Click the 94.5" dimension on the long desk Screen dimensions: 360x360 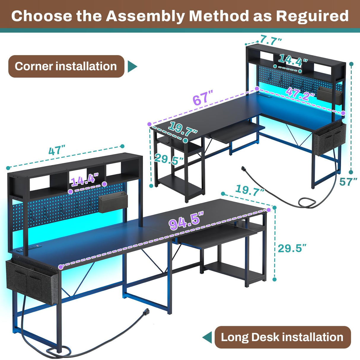[x=186, y=221]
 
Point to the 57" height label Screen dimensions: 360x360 [x=348, y=181]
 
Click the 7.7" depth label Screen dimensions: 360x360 [x=271, y=40]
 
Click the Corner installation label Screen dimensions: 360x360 [x=66, y=66]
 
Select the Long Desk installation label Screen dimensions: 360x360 [x=282, y=337]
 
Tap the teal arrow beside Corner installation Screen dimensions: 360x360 [x=132, y=66]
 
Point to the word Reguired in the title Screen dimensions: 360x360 [x=312, y=16]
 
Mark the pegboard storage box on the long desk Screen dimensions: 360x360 [x=112, y=202]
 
